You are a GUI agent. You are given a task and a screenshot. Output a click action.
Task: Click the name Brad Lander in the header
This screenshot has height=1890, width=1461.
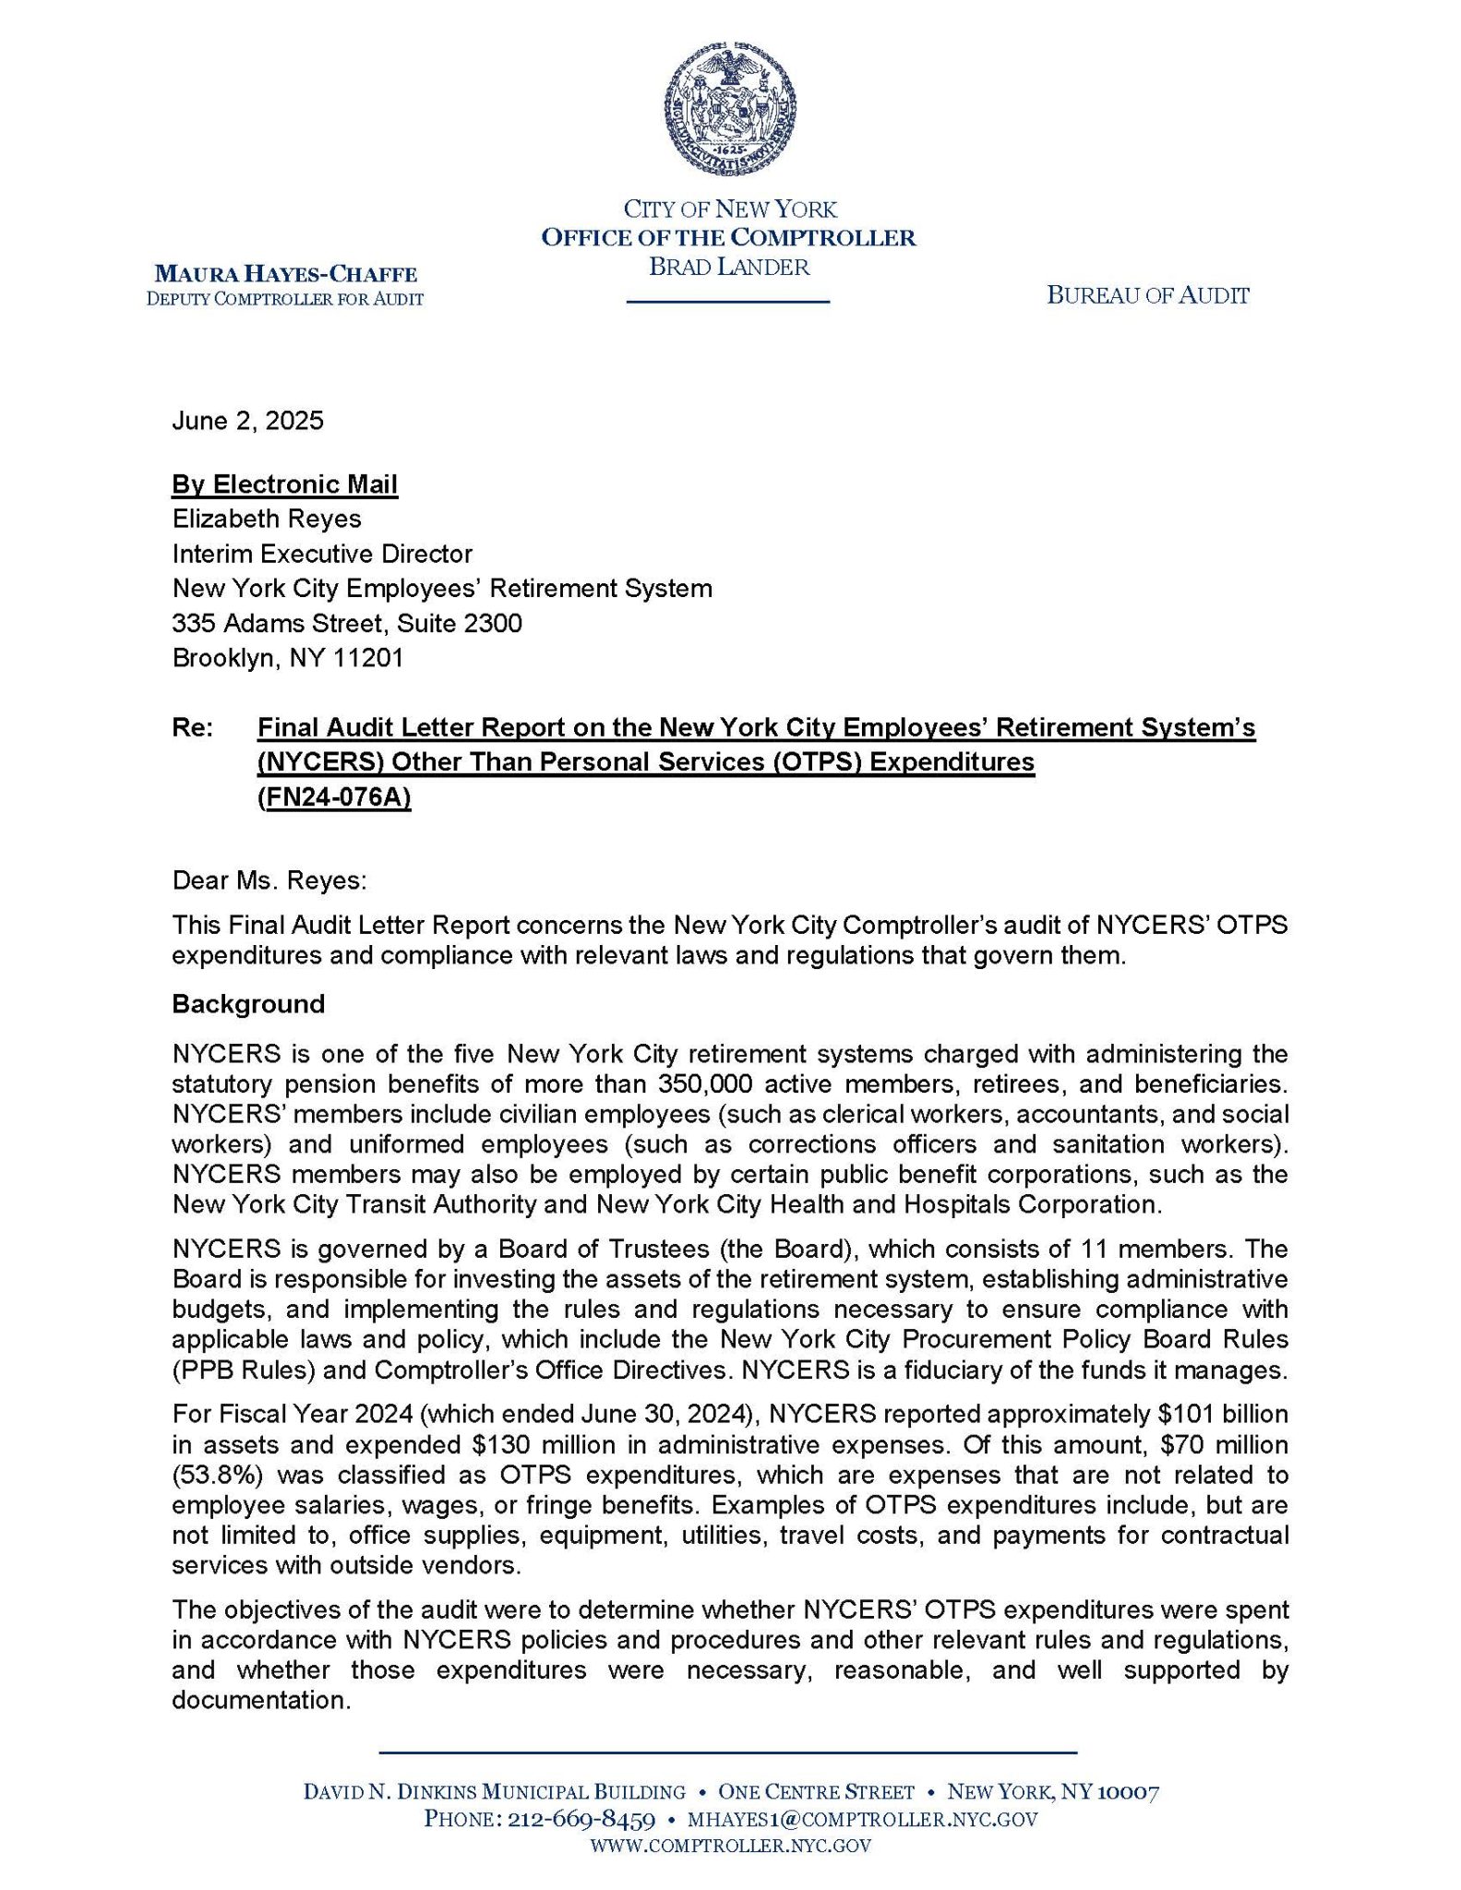(729, 268)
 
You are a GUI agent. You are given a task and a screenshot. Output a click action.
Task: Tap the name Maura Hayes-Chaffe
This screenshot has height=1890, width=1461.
(285, 274)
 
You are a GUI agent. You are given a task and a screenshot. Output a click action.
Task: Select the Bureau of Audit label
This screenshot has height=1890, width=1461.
(1147, 295)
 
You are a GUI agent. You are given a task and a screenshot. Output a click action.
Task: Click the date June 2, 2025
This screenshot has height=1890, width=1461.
(247, 422)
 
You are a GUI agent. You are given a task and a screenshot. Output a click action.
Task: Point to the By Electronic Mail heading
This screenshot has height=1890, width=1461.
(284, 484)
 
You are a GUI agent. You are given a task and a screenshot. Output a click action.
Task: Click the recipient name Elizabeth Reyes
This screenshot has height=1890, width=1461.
(266, 519)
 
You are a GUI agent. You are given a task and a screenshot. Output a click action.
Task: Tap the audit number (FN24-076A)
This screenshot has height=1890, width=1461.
(334, 797)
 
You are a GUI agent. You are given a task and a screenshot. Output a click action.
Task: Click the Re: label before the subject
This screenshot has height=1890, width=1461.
(193, 728)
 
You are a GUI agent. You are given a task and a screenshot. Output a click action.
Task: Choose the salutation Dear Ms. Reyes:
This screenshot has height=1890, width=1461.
(269, 880)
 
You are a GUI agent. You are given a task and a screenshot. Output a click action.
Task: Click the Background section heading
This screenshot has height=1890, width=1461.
(247, 1004)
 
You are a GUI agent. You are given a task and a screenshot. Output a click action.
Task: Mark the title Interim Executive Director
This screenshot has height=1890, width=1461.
(321, 554)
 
